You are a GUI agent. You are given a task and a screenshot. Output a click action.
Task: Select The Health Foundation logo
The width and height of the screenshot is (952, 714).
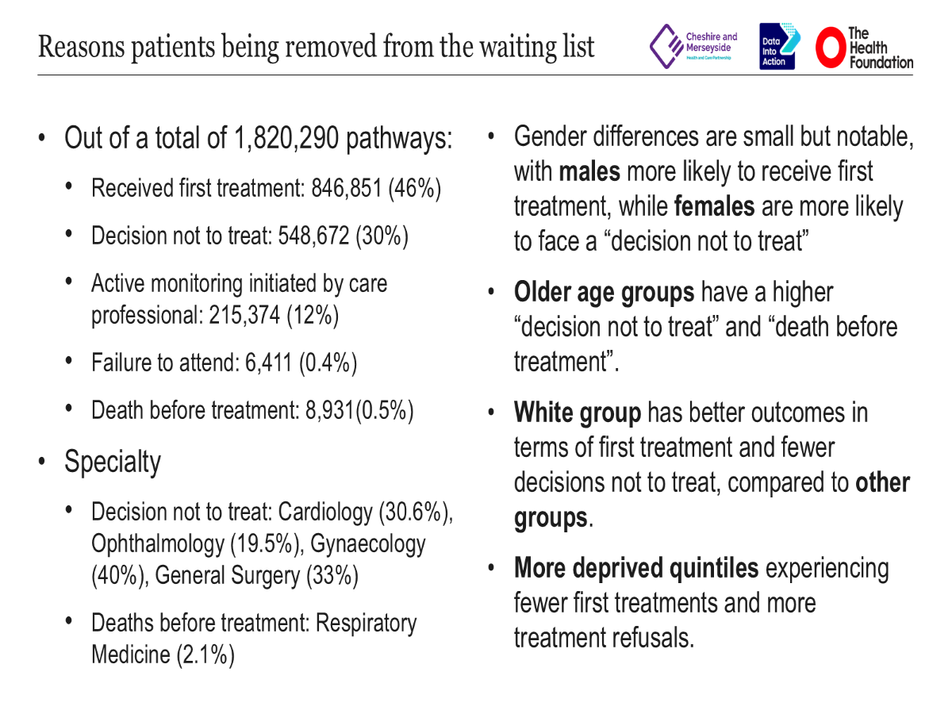[864, 48]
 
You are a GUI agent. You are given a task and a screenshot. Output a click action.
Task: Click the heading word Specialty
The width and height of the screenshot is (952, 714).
[113, 461]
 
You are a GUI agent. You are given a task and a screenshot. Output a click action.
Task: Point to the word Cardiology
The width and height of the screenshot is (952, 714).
[325, 512]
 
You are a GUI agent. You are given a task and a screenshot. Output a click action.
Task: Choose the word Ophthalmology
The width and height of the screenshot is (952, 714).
[158, 543]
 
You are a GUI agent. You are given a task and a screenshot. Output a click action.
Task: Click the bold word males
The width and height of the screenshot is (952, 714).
[589, 171]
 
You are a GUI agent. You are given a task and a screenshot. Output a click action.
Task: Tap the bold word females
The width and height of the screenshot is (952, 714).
[714, 206]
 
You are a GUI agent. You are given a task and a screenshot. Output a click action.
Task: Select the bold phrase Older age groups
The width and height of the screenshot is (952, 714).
[604, 293]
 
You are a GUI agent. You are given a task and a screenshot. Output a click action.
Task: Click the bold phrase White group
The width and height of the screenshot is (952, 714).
[577, 413]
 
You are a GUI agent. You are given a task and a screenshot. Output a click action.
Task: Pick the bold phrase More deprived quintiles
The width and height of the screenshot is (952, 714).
[636, 568]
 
